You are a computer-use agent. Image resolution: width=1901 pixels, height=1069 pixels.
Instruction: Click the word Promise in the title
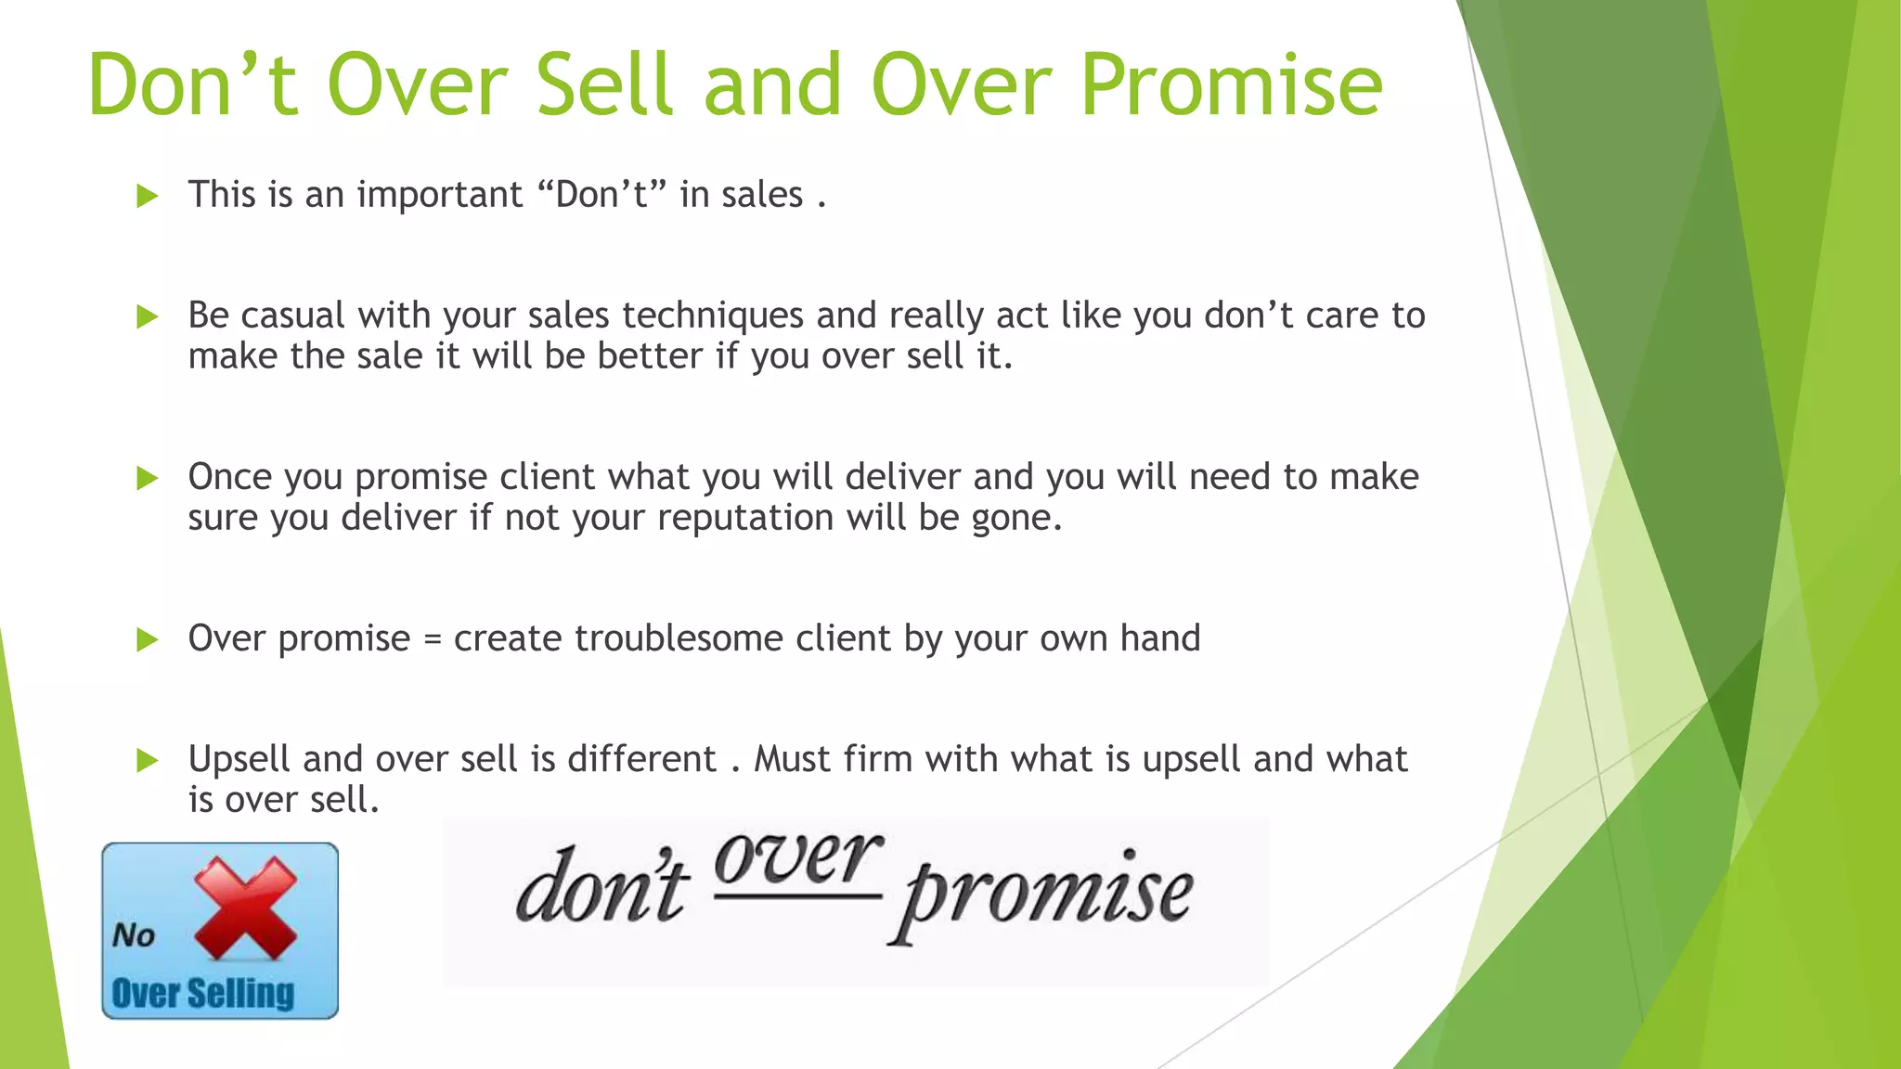(x=1231, y=85)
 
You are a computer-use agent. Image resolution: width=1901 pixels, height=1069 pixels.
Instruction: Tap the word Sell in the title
(x=603, y=85)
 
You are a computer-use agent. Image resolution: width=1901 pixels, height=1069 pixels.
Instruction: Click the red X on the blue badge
(x=245, y=908)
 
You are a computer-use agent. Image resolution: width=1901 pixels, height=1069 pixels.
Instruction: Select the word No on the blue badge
(x=134, y=934)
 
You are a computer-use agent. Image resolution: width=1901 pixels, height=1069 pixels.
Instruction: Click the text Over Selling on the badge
(x=202, y=994)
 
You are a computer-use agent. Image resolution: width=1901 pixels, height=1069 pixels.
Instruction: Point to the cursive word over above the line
(x=797, y=858)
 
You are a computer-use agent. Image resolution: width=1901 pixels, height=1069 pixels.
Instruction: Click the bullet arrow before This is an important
(x=148, y=196)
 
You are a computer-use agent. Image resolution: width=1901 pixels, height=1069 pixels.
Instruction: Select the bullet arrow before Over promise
(x=148, y=639)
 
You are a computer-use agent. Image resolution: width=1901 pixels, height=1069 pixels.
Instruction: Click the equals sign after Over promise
(x=432, y=639)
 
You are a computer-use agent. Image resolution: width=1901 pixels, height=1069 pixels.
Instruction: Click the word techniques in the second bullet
(x=712, y=316)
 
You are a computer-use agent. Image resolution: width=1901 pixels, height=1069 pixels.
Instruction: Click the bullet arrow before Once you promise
(x=148, y=478)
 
